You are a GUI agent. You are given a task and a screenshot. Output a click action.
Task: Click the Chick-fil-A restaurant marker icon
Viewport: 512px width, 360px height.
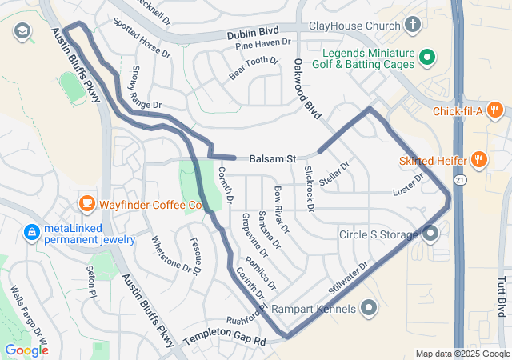pos(496,111)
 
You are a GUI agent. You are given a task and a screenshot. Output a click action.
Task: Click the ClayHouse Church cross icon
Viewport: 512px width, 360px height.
pos(412,26)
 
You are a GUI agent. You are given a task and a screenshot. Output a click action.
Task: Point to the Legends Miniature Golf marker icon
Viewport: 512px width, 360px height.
pos(427,57)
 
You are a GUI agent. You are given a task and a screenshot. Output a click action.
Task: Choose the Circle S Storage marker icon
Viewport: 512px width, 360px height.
pos(431,234)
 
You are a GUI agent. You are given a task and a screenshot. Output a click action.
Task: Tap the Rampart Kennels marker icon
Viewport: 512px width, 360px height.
pos(369,307)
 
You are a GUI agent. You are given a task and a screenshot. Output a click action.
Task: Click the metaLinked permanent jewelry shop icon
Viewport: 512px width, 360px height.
pos(31,232)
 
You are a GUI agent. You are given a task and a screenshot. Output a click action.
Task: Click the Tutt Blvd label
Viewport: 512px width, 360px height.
pos(502,296)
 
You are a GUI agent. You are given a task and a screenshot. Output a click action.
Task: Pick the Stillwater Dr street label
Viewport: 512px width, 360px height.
pos(348,277)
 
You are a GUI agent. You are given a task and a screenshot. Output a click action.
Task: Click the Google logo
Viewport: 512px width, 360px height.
pos(26,350)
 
